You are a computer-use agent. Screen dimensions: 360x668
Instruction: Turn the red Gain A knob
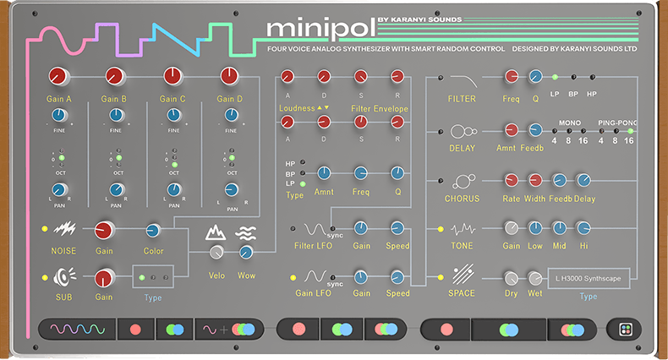point(58,78)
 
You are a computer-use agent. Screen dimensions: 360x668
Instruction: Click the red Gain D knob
point(229,77)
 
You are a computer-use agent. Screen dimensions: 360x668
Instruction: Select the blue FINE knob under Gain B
point(115,116)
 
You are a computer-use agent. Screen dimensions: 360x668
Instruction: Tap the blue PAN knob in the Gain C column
point(172,191)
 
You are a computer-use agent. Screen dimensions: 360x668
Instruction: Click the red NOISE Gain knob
point(104,230)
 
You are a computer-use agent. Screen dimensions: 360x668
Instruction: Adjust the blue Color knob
point(153,230)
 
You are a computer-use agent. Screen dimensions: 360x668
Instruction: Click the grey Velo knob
point(217,253)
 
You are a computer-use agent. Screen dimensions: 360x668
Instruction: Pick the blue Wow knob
point(246,252)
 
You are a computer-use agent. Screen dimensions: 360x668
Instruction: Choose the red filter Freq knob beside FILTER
point(511,78)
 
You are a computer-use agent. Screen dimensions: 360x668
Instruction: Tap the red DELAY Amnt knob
point(511,130)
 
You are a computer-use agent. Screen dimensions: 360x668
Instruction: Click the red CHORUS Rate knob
point(511,179)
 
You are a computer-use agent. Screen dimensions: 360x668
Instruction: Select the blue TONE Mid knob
point(559,228)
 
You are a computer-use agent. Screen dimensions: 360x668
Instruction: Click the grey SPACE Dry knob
point(511,278)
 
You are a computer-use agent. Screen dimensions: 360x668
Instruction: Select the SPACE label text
point(463,294)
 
